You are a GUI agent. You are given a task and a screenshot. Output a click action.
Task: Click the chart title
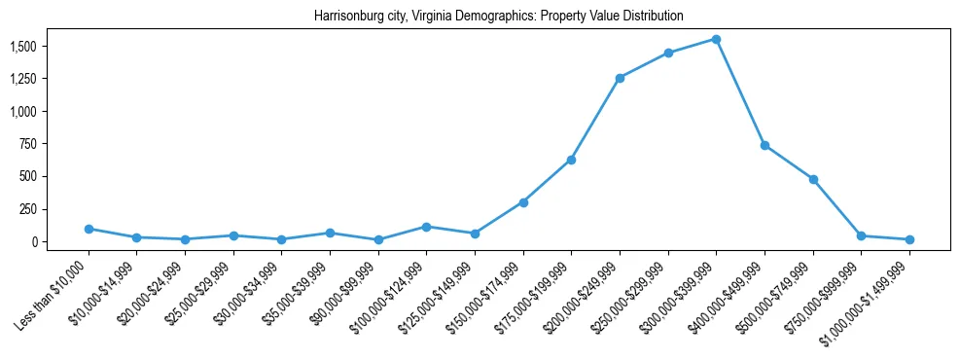[x=499, y=17]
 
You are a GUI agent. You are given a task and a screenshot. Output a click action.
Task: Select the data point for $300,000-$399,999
[x=716, y=39]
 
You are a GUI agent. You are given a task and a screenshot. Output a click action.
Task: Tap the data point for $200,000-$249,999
[x=620, y=78]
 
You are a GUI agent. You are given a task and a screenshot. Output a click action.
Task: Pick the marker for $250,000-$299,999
[x=668, y=53]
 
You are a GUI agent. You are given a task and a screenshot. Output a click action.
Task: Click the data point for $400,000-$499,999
[x=764, y=145]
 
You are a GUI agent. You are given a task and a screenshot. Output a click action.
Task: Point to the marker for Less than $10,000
[x=89, y=229]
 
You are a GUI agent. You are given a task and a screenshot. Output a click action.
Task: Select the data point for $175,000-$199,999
[x=571, y=160]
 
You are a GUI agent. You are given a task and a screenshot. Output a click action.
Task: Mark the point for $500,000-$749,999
[x=813, y=179]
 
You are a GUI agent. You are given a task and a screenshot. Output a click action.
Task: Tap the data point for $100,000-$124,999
[x=426, y=227]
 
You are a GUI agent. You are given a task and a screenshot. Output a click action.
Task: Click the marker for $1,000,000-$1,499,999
[x=909, y=239]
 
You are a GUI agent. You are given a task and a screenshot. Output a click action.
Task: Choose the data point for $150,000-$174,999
[x=523, y=202]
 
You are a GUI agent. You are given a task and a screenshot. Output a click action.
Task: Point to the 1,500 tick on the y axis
[x=23, y=47]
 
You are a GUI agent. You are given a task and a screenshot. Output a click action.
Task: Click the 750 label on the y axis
[x=28, y=144]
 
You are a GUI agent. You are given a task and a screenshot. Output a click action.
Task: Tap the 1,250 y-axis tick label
[x=23, y=79]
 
